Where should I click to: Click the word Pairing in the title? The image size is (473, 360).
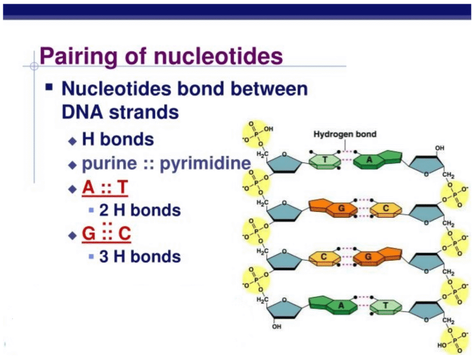click(78, 57)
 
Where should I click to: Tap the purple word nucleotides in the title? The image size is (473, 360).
click(218, 56)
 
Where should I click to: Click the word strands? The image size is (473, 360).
click(144, 112)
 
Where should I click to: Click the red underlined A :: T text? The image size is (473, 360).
click(105, 187)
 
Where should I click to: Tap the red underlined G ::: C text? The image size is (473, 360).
click(106, 233)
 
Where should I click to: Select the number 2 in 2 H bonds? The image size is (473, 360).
click(104, 210)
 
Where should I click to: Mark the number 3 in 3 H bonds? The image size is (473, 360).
click(104, 257)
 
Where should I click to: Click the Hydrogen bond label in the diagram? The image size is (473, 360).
click(345, 134)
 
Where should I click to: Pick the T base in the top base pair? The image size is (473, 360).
click(325, 161)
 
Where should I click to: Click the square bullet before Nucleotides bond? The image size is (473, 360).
click(49, 87)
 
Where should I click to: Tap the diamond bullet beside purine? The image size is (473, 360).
click(73, 165)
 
